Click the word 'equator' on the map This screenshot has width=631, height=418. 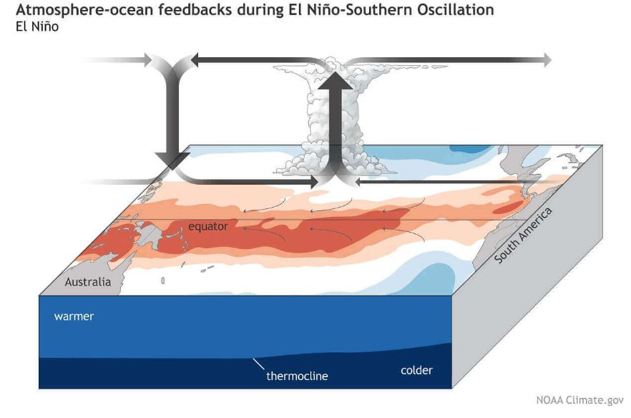[x=208, y=226]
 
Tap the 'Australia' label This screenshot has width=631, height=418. [x=88, y=282]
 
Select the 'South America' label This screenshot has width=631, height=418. [x=523, y=235]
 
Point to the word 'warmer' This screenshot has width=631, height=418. [x=74, y=316]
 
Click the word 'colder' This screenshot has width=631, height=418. [x=416, y=370]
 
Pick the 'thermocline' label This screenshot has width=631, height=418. [x=297, y=376]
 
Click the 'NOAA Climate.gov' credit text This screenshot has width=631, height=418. [x=580, y=400]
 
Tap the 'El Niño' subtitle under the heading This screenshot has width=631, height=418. [x=37, y=26]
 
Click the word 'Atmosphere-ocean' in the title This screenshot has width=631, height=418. [x=84, y=10]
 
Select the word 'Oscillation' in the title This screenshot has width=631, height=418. [x=456, y=10]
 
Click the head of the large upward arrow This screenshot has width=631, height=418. [x=336, y=82]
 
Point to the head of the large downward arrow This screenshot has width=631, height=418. [x=172, y=161]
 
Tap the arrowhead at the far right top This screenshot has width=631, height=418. [x=547, y=60]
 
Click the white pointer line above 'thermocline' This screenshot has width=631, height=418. [x=258, y=364]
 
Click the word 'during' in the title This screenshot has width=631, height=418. [x=260, y=10]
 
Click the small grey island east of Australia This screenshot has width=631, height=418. [x=162, y=281]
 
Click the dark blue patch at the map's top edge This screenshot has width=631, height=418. [x=468, y=150]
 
